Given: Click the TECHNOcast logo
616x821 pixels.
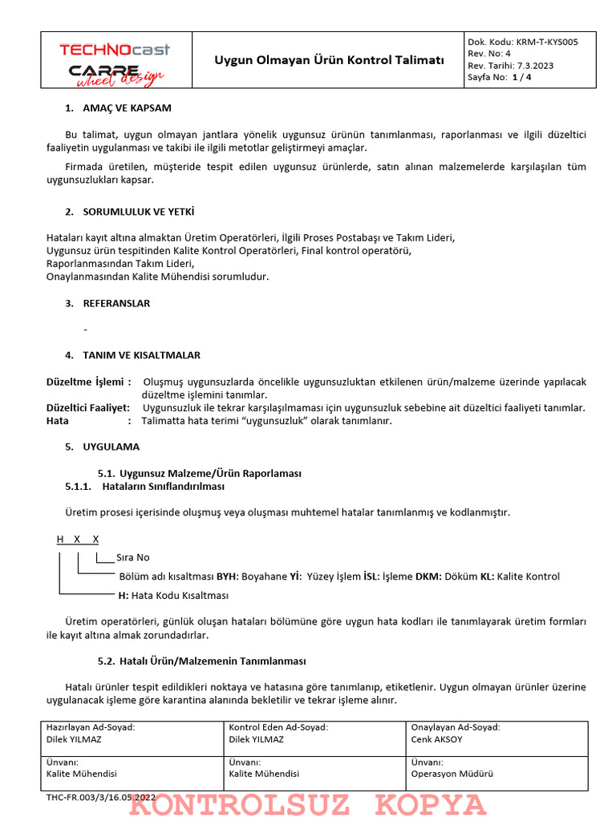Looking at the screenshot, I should click(x=115, y=50).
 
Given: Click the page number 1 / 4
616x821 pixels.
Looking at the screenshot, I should click(x=521, y=78).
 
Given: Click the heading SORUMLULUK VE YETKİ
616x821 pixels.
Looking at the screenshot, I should click(x=139, y=212).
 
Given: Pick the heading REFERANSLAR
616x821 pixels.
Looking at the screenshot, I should click(x=116, y=303).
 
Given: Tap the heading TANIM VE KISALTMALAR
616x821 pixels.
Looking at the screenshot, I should click(x=142, y=354).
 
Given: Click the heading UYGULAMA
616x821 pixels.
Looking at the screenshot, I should click(x=111, y=447).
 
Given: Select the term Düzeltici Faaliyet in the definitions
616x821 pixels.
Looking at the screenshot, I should click(x=87, y=408).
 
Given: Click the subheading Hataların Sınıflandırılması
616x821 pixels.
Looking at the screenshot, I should click(x=164, y=486).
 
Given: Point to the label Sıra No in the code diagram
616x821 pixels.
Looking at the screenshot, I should click(x=133, y=557).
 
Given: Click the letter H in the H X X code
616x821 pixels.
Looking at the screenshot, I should click(x=60, y=540).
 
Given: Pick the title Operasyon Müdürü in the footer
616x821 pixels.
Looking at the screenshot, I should click(x=452, y=774).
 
